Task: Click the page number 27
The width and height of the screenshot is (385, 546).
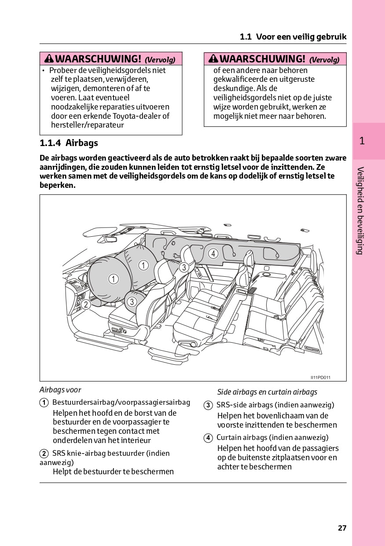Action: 342,528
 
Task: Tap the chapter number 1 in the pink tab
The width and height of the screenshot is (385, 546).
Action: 362,141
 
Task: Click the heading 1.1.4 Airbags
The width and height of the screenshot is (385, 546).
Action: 69,143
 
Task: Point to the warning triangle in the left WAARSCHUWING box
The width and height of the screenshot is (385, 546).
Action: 49,59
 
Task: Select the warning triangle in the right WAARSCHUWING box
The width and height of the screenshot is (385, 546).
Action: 213,59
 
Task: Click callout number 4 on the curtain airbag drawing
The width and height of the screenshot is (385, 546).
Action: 213,253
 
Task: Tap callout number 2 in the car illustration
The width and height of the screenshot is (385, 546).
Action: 86,304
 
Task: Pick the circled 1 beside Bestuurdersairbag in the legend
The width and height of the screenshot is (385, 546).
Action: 44,403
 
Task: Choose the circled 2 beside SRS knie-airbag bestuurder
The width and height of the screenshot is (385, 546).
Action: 44,454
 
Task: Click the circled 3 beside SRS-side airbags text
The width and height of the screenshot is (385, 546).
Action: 208,405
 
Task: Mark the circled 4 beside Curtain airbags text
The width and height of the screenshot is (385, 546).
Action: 208,438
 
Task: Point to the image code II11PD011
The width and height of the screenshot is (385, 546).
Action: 320,377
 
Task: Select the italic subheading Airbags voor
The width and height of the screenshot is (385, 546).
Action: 60,390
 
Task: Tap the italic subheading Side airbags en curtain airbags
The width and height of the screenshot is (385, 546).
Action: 267,392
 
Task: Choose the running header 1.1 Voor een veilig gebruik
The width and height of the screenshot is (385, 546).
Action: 293,37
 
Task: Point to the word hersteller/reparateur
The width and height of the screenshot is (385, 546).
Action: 88,125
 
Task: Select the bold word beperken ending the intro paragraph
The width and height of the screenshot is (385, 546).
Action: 57,185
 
